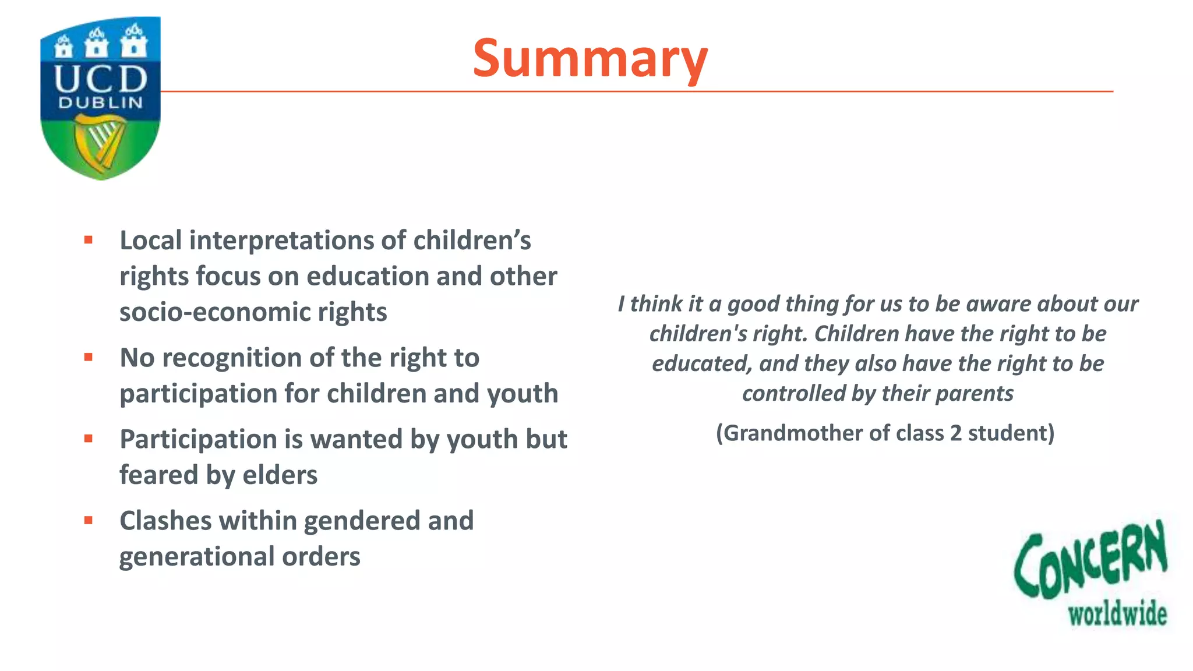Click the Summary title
point(590,58)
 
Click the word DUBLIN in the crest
point(100,103)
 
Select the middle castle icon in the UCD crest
point(97,43)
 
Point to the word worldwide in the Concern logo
point(1117,615)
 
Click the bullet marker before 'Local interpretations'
point(89,240)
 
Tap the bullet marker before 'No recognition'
point(89,357)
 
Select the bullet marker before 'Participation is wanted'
point(89,439)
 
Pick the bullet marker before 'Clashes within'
point(89,520)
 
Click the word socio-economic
point(214,312)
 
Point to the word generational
point(196,557)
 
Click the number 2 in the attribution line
point(955,433)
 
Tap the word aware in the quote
point(998,304)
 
